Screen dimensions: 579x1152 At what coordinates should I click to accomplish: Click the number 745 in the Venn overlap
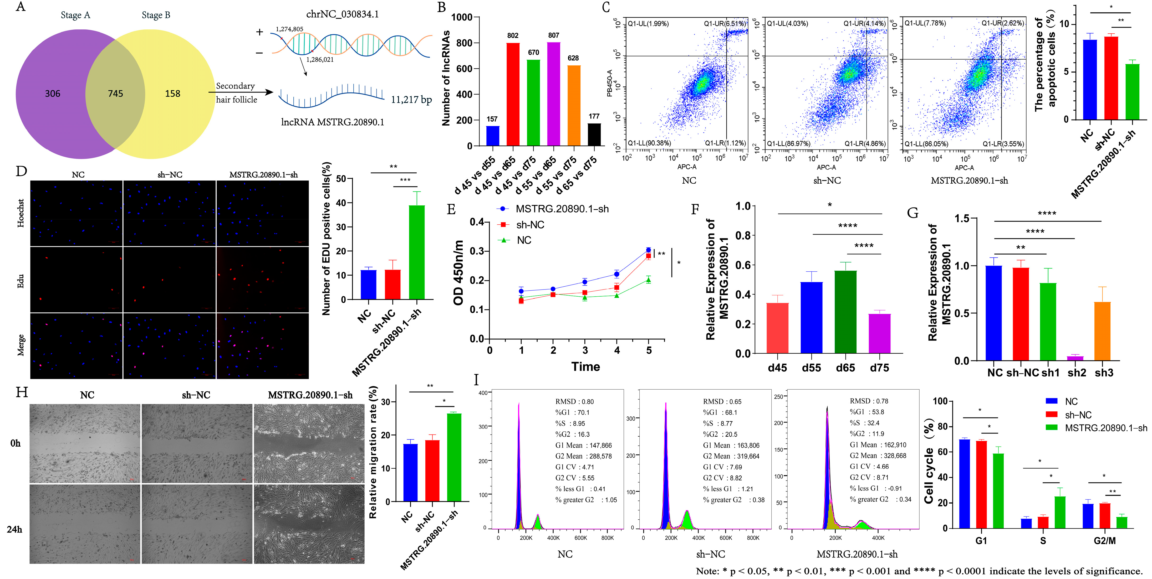click(115, 93)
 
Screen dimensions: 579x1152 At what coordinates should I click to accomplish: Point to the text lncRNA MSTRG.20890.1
click(332, 122)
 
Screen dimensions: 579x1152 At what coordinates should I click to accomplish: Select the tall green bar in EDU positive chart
click(417, 252)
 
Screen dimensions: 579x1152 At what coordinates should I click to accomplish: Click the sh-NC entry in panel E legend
click(530, 225)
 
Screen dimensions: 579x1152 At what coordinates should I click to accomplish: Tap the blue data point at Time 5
click(649, 250)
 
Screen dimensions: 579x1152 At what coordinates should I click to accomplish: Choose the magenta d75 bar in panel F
click(879, 333)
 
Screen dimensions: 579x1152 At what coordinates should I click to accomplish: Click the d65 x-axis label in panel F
click(845, 368)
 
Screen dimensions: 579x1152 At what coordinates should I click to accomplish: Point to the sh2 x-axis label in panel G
click(1077, 373)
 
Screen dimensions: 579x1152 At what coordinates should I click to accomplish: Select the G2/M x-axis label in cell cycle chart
click(1105, 541)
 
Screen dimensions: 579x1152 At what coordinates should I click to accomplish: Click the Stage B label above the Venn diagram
click(156, 15)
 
